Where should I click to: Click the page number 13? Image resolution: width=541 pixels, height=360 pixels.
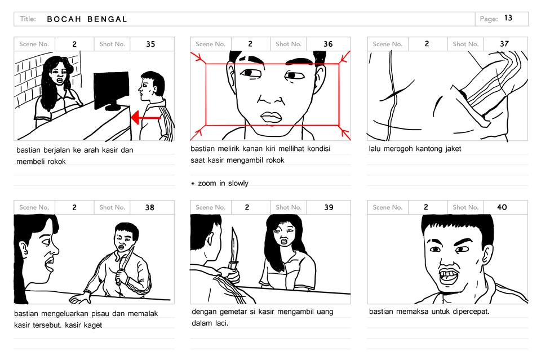508,18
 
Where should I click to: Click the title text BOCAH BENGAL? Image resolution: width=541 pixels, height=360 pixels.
87,19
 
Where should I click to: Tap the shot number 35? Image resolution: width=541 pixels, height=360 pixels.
150,44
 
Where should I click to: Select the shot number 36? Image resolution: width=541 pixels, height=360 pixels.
328,44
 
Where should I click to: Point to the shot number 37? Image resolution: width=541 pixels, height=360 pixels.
504,44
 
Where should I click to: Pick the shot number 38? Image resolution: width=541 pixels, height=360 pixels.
149,207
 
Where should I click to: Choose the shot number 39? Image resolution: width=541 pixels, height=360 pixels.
329,207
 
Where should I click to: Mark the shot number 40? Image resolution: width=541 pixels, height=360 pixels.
502,207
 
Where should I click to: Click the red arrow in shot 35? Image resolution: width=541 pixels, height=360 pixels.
147,118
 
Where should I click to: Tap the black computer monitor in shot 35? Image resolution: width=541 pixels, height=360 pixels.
111,90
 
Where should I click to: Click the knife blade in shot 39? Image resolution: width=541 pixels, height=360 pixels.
234,246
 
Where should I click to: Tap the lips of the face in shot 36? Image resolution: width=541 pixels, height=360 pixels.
271,117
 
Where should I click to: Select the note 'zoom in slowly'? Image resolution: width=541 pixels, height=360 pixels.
223,184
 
